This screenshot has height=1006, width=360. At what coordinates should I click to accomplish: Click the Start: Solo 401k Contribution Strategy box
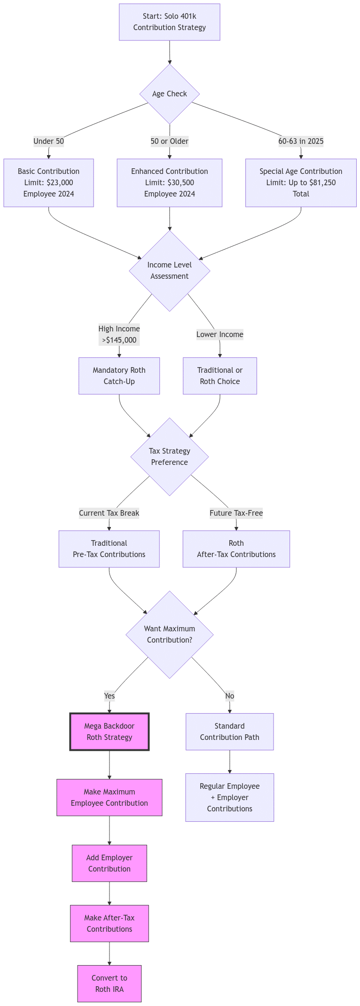click(x=169, y=22)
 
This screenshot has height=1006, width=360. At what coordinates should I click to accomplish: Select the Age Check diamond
click(x=169, y=94)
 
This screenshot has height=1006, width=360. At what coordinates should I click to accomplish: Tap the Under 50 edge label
click(x=48, y=141)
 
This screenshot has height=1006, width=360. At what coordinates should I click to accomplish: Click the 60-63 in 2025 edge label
click(x=301, y=141)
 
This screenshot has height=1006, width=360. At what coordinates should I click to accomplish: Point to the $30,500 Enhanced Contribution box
click(x=169, y=183)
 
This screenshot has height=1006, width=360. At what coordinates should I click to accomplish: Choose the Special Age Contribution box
click(x=301, y=183)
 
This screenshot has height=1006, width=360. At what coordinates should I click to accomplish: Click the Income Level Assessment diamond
click(x=169, y=271)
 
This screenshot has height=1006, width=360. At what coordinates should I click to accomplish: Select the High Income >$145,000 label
click(x=119, y=334)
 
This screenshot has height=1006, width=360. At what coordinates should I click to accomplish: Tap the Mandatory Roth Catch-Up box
click(x=119, y=376)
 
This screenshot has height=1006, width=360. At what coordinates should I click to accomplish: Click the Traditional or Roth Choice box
click(x=219, y=376)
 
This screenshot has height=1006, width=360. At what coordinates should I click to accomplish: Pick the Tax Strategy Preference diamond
click(x=169, y=456)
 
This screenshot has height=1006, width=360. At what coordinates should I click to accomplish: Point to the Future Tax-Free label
click(x=236, y=513)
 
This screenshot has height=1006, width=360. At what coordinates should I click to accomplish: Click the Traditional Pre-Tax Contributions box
click(x=109, y=549)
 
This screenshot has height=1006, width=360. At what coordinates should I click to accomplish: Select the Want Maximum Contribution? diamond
click(x=169, y=635)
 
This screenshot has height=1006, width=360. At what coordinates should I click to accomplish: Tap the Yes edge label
click(x=109, y=696)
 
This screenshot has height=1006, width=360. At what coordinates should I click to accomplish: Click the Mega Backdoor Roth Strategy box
click(x=109, y=732)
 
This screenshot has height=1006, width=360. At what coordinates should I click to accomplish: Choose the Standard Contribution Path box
click(x=229, y=732)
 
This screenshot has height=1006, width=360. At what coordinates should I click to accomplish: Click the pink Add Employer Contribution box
click(x=109, y=864)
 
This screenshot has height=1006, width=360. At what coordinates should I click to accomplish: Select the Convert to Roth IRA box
click(x=109, y=984)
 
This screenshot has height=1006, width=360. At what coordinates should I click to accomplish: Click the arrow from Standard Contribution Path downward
click(x=229, y=762)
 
